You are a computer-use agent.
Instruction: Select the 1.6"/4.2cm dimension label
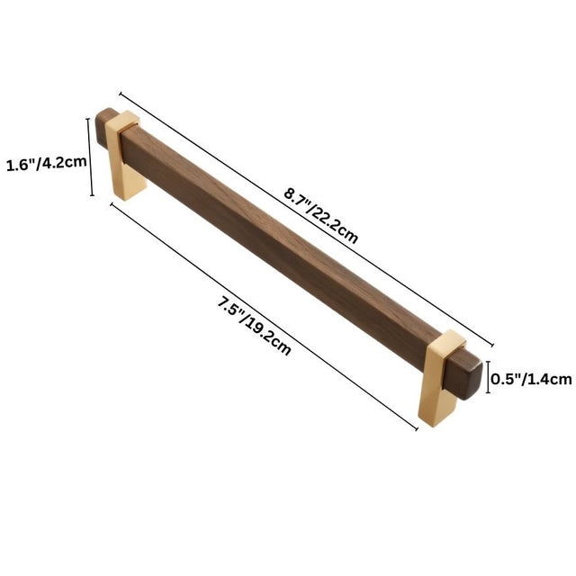pos(46,165)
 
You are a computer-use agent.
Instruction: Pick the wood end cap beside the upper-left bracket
pos(106,124)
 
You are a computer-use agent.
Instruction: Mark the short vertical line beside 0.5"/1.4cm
pos(489,378)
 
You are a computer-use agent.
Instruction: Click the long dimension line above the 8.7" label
pos(306,217)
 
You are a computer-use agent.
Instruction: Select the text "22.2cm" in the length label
pos(337,226)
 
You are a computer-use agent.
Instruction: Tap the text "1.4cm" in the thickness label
pos(550,379)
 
